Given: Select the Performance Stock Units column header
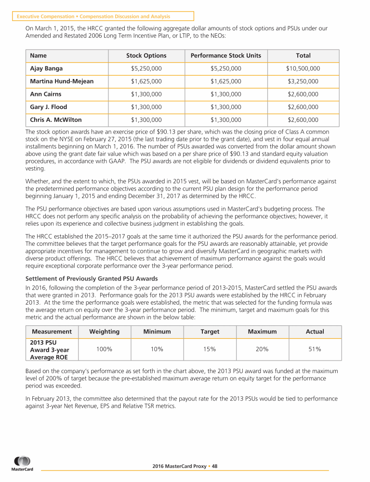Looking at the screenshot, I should pyautogui.click(x=226, y=55).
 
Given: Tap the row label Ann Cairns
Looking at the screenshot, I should pyautogui.click(x=45, y=94).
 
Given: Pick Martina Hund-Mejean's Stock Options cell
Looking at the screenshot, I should pyautogui.click(x=146, y=81).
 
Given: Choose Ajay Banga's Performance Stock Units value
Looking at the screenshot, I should pyautogui.click(x=226, y=68).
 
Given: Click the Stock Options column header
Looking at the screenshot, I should pyautogui.click(x=146, y=55).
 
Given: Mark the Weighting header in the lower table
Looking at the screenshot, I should pyautogui.click(x=105, y=332).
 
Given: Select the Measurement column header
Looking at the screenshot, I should pyautogui.click(x=52, y=332).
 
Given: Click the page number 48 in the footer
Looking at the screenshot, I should pyautogui.click(x=214, y=466).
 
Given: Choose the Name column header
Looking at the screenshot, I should pyautogui.click(x=38, y=55).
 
